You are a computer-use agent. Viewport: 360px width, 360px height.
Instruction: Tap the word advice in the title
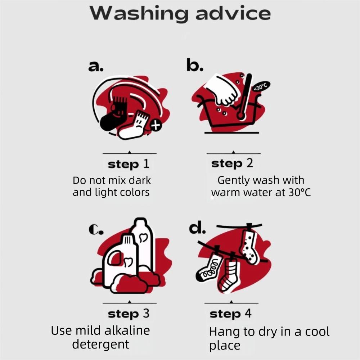(x=233, y=13)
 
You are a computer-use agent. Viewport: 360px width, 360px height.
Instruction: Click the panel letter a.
(x=96, y=67)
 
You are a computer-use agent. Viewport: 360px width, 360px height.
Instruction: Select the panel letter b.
(x=195, y=64)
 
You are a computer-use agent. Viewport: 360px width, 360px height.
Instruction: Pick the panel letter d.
(x=197, y=228)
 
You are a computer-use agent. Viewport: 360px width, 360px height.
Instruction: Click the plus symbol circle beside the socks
(x=156, y=126)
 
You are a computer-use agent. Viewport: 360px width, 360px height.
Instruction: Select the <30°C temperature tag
(x=261, y=86)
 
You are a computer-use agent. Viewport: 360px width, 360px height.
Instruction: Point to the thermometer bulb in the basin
(x=241, y=114)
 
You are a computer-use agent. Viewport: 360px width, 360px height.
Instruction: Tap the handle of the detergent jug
(x=115, y=258)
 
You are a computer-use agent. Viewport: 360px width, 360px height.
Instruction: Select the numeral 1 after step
(x=146, y=164)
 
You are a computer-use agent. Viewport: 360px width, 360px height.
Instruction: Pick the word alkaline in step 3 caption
(x=127, y=330)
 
